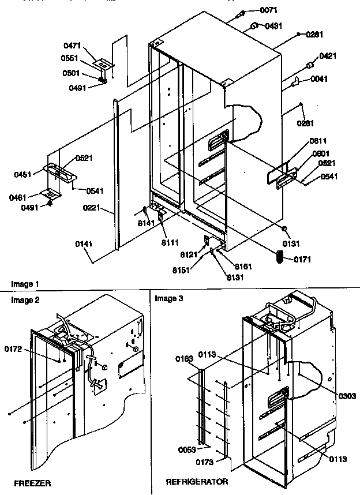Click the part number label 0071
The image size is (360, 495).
(x=268, y=10)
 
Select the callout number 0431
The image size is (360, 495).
(x=274, y=26)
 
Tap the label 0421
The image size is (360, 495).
(x=327, y=56)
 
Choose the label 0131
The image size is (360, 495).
(x=292, y=243)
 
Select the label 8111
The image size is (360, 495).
(x=170, y=235)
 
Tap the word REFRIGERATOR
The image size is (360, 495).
(x=197, y=481)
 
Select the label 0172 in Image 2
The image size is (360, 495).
(x=14, y=348)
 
